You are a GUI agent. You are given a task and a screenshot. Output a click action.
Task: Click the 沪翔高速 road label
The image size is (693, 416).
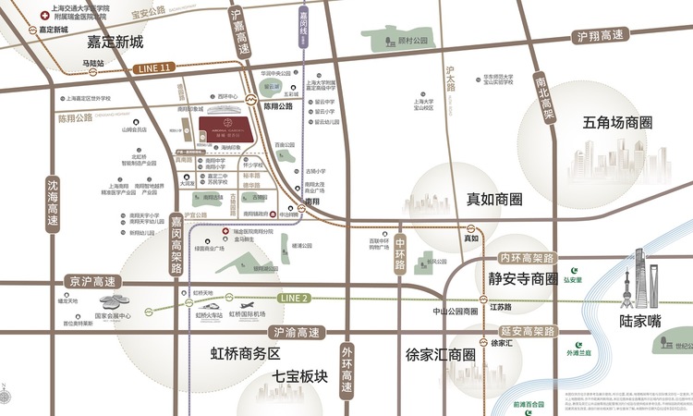click(x=601, y=37)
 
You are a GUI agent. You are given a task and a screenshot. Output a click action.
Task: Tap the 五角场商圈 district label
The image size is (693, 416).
click(x=618, y=122)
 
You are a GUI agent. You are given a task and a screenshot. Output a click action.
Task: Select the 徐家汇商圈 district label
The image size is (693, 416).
click(x=440, y=354)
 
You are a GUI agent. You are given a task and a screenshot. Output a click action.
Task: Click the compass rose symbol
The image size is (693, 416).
click(x=8, y=397)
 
